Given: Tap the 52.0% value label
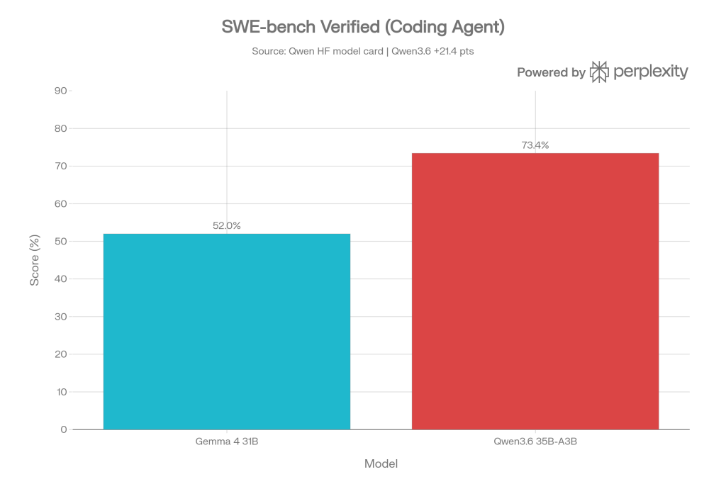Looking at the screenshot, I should click(x=227, y=226).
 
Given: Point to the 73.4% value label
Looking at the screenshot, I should click(x=535, y=145).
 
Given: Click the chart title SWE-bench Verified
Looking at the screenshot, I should click(x=362, y=28).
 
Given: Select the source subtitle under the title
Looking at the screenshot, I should click(x=362, y=52).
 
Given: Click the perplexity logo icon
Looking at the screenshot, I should click(x=599, y=72).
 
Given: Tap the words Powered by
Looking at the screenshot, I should click(x=551, y=72).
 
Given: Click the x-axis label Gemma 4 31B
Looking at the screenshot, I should click(x=227, y=442).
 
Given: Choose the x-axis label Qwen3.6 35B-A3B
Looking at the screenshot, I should click(x=535, y=442).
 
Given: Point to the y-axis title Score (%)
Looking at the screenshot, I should click(x=34, y=260).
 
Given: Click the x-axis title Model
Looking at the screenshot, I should click(x=381, y=464).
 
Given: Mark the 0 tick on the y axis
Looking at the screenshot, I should click(x=64, y=429).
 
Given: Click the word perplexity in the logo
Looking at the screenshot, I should click(x=650, y=72).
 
